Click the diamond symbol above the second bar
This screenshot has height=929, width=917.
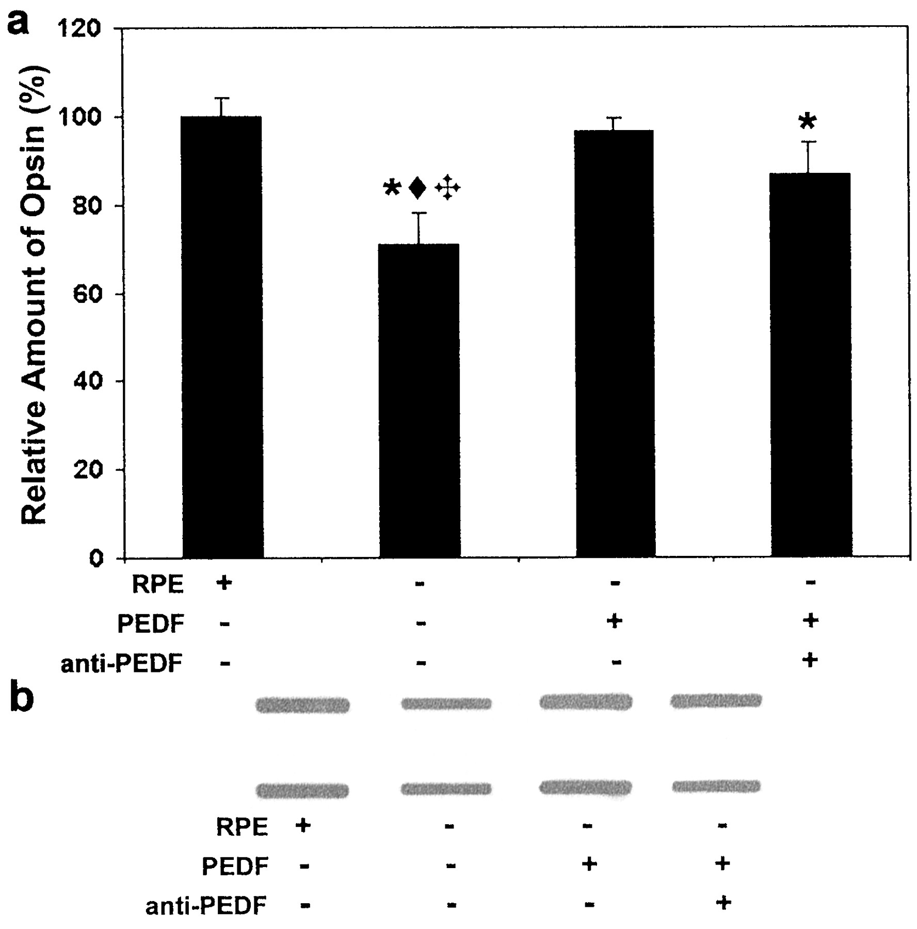417,188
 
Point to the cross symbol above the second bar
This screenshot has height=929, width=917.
447,188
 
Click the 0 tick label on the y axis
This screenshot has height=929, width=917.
95,558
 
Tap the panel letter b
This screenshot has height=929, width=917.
22,698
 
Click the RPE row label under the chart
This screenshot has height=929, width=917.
158,585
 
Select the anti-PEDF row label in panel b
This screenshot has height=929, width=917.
206,905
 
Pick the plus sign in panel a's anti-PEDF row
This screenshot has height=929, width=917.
810,660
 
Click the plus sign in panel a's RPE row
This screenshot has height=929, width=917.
224,583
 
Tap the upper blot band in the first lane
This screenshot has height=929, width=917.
303,704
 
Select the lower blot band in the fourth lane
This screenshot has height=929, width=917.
716,786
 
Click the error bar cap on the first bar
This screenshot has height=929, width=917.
221,98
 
